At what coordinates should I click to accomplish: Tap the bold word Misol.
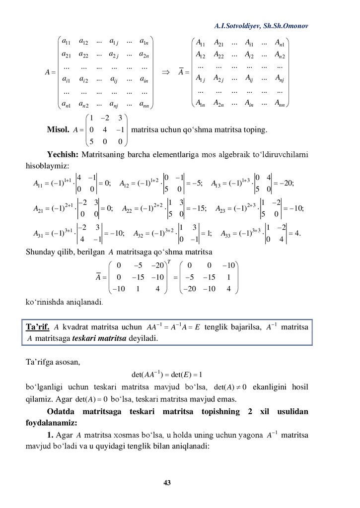(x=58, y=130)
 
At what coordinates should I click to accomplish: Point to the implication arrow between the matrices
(x=166, y=72)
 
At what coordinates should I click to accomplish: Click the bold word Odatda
(x=64, y=412)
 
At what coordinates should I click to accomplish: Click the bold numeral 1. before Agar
(x=50, y=436)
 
